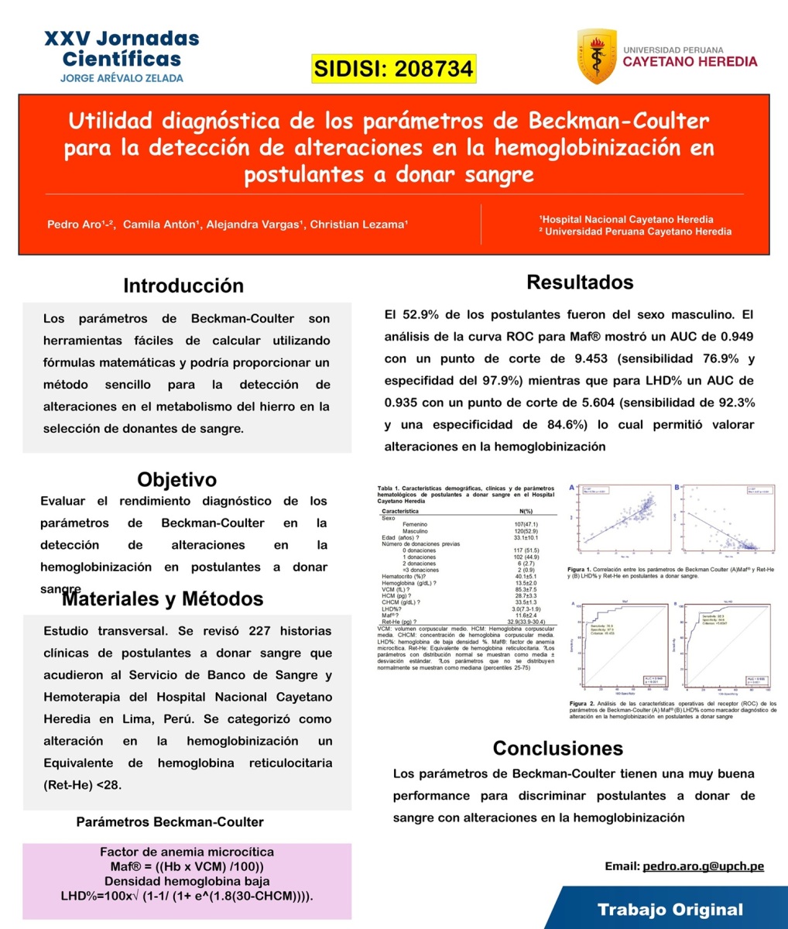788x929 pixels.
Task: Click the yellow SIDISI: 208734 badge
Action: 393,69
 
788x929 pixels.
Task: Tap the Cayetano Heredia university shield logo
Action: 597,57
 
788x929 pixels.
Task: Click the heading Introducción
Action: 183,286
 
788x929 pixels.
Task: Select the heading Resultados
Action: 580,283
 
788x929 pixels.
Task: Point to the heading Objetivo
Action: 176,479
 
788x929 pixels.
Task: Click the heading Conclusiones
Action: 557,748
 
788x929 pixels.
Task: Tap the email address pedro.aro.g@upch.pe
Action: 703,866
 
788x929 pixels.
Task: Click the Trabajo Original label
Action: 670,910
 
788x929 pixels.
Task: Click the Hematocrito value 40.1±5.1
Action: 526,576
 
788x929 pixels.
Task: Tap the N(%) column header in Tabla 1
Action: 526,511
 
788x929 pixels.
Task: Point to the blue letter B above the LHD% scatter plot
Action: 677,488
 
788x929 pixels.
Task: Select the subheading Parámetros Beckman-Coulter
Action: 170,822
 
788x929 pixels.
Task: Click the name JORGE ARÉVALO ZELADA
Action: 122,78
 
